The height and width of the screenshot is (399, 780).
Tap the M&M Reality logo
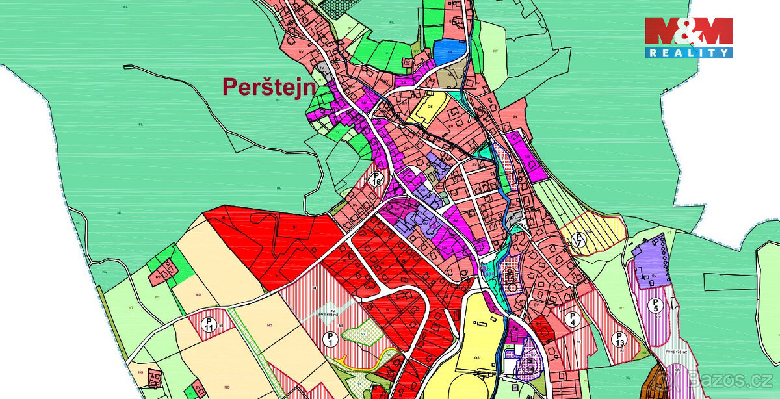[x=688, y=37]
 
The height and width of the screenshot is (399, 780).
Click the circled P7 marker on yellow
[x=581, y=241]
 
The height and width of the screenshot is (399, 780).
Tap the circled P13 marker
[x=618, y=338]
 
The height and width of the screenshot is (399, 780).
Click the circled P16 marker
[x=376, y=179]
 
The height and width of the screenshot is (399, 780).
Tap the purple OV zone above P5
[x=649, y=263]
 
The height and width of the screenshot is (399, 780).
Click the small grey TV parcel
[x=320, y=68]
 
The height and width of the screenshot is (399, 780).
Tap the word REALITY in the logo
[x=688, y=53]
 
